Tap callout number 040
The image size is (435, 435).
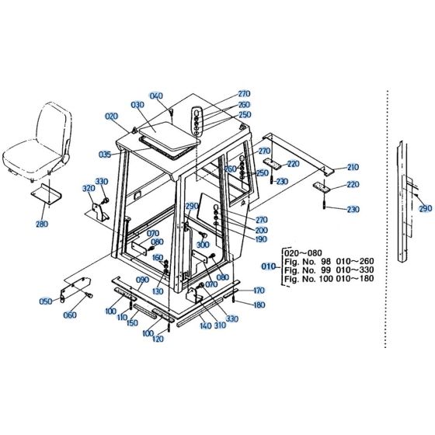(x=157, y=96)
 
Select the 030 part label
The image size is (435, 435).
(x=137, y=105)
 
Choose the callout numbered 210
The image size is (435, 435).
(x=353, y=167)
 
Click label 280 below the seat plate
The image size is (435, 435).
(x=41, y=224)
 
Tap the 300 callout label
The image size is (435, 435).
(x=203, y=245)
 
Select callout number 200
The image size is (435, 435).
(x=261, y=230)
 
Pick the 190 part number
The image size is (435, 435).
(x=261, y=240)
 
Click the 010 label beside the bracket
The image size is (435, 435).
(x=268, y=266)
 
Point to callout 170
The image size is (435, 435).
(x=259, y=291)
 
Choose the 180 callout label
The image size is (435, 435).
(x=259, y=304)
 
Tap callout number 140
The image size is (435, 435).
(x=206, y=326)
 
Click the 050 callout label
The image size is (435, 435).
(x=45, y=301)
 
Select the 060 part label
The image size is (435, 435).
(x=70, y=315)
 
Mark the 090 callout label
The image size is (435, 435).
(x=142, y=280)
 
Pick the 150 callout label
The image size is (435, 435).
(x=132, y=323)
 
